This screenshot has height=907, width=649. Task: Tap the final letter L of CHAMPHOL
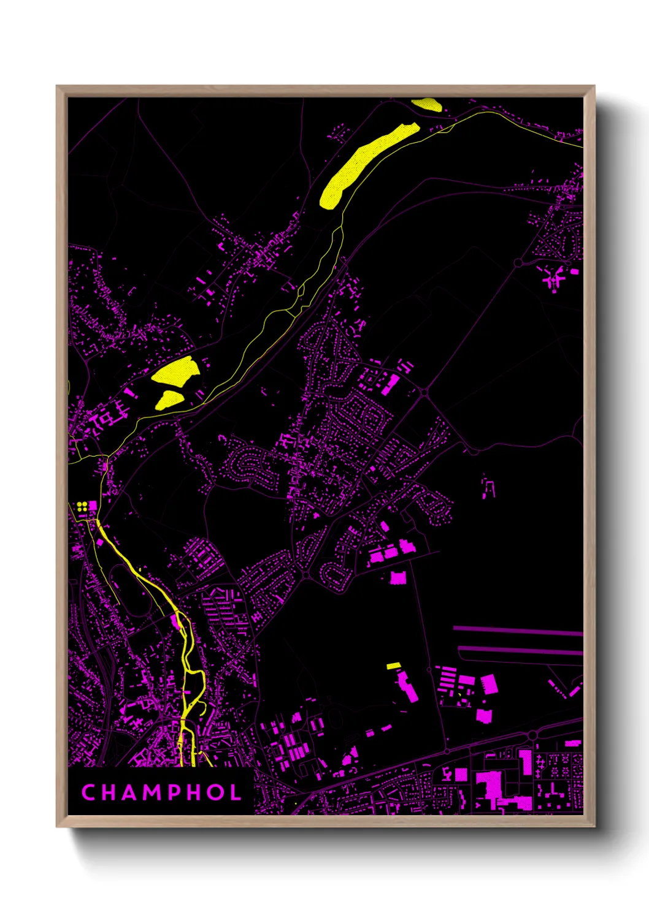(x=236, y=792)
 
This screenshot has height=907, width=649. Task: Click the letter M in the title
(x=148, y=792)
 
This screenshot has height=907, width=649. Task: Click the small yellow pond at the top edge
(x=427, y=105)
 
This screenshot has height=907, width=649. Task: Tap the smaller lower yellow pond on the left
(x=169, y=399)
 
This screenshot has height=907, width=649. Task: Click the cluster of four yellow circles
(x=82, y=506)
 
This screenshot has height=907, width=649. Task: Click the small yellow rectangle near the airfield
(x=393, y=666)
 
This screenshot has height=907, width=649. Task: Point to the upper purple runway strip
(x=518, y=630)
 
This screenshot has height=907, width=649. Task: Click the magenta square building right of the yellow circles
(x=93, y=506)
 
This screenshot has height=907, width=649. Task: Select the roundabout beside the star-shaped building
(x=518, y=263)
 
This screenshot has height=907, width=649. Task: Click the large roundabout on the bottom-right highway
(x=532, y=734)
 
